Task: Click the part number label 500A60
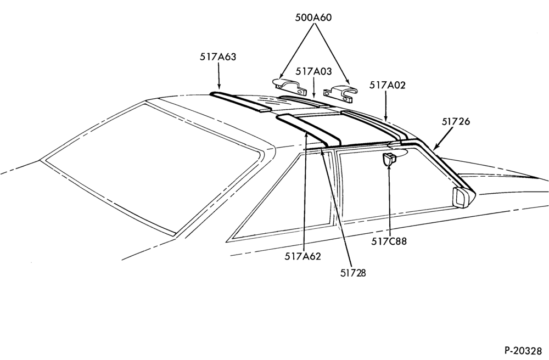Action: coord(313,18)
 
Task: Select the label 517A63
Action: coord(218,57)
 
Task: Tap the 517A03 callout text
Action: coord(313,71)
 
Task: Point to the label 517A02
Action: coord(387,85)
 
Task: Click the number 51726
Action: coord(456,121)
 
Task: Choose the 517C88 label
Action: coord(389,241)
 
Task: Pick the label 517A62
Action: coord(302,256)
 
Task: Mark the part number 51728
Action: coord(353,273)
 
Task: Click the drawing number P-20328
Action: coord(523,350)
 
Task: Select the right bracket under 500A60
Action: coord(340,94)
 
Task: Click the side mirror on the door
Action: coord(463,198)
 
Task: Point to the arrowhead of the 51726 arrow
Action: coord(435,147)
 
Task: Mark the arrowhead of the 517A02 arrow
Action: coord(385,119)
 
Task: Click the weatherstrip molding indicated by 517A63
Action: coord(240,102)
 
